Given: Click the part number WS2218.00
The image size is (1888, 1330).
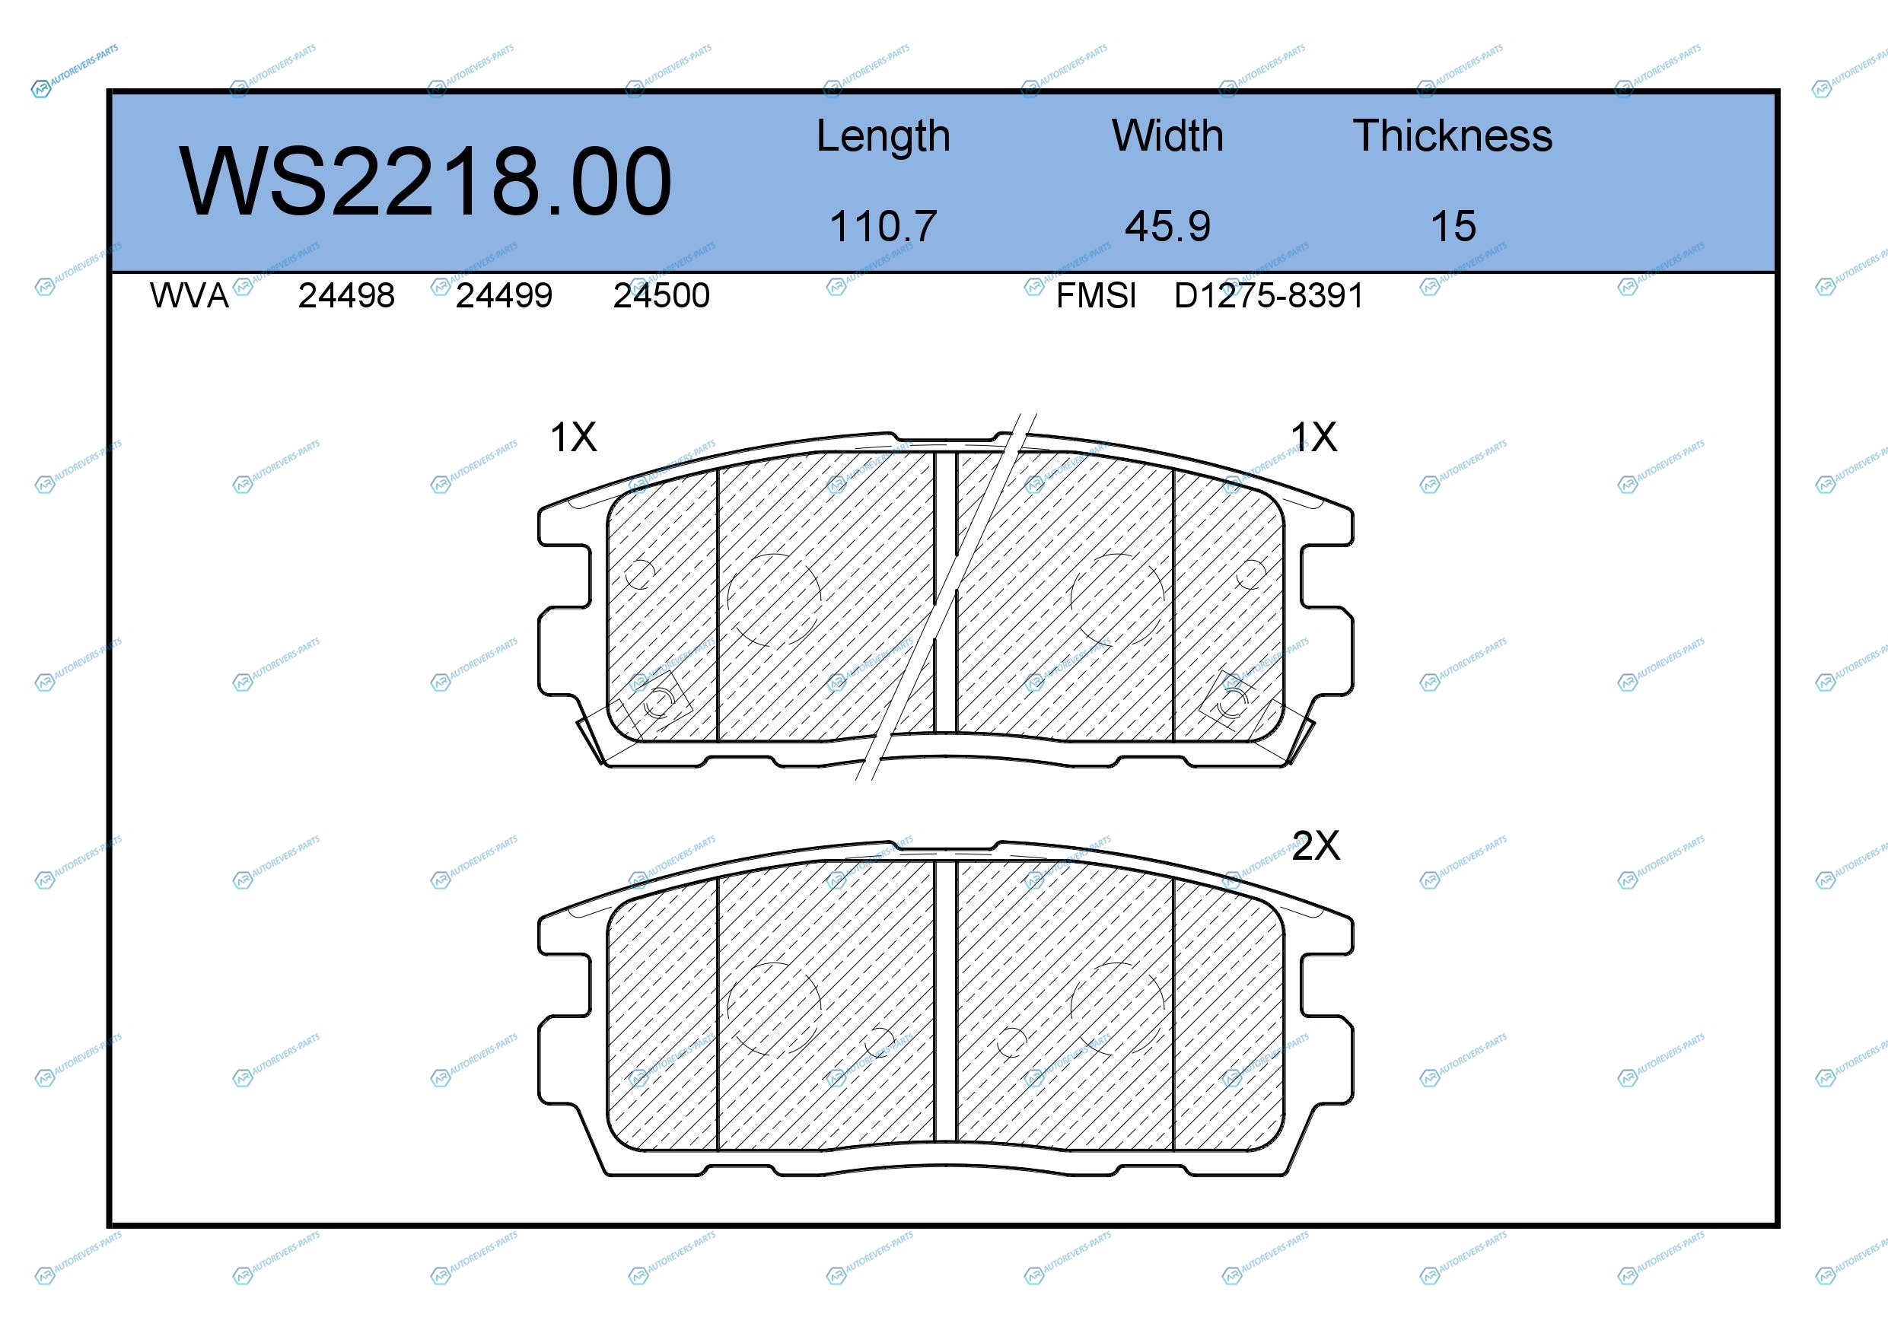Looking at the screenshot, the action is point(425,182).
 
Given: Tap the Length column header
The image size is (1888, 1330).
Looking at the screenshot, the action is point(884,136).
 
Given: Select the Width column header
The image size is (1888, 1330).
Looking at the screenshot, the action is point(1167,135).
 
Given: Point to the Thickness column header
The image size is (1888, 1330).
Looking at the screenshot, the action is point(1452,135).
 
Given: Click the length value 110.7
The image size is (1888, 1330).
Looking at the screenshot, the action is point(884,226).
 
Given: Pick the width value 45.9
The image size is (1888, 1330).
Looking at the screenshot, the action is point(1167,226).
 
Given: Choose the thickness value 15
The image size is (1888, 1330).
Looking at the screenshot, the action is point(1453,226).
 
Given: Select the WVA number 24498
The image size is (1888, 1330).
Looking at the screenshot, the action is point(346,296).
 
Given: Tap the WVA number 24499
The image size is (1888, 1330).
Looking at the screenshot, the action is point(503,296).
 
